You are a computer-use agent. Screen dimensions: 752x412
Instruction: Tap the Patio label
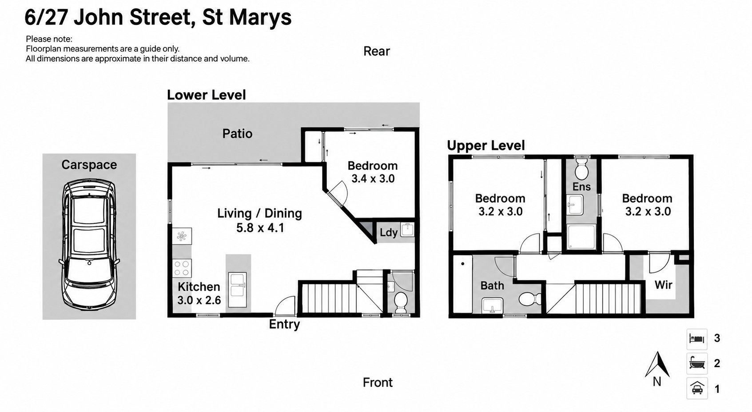tap(237, 134)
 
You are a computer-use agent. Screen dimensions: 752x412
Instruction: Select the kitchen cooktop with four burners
tap(182, 268)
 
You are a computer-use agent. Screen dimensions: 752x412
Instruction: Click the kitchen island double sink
tap(238, 290)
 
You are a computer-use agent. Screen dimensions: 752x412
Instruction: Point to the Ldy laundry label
tap(388, 233)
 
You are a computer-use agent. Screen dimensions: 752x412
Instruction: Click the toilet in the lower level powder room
tap(400, 302)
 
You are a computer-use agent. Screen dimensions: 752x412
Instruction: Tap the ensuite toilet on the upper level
tap(581, 169)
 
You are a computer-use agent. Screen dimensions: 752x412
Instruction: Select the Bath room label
tap(492, 286)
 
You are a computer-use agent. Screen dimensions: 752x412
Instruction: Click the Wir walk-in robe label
tap(663, 285)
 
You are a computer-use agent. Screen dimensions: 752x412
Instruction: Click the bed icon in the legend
tap(697, 338)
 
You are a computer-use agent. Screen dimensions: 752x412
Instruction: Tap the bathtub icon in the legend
tap(697, 363)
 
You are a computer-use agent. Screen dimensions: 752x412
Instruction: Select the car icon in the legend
tap(697, 388)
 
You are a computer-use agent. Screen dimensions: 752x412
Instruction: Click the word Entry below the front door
tap(284, 325)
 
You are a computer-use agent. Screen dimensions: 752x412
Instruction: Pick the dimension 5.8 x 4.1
tap(260, 228)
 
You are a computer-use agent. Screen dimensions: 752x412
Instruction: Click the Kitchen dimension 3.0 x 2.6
tap(199, 300)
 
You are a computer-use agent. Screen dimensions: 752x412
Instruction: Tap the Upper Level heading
tap(486, 145)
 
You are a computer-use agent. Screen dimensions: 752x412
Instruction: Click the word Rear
tap(377, 51)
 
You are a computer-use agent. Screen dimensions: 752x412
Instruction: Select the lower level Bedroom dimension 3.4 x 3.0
tap(373, 179)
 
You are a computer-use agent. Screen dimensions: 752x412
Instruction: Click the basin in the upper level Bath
tap(492, 306)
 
